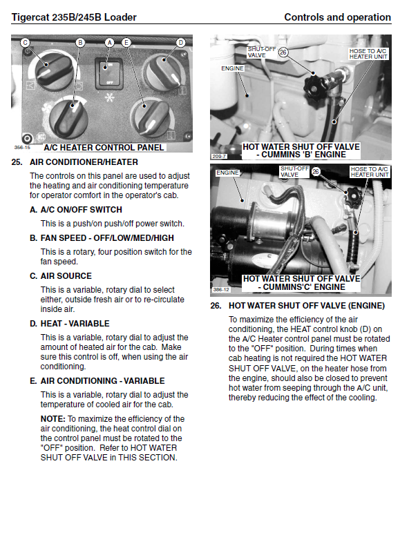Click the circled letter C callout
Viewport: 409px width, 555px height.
[25, 43]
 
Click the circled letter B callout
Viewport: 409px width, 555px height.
[80, 43]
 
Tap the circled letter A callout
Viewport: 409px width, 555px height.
[109, 43]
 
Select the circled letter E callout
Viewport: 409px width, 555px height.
[126, 43]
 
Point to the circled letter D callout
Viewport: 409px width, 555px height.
[180, 43]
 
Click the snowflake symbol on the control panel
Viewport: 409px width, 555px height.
[110, 97]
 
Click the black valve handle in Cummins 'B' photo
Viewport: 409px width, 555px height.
[314, 86]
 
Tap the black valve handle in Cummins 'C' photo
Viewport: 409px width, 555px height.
[353, 198]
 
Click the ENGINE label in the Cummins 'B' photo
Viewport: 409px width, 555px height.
[232, 68]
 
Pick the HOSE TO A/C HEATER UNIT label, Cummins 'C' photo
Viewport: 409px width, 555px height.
[370, 172]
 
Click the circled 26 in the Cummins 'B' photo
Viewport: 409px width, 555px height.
[283, 52]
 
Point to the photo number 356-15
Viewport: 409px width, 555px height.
[22, 148]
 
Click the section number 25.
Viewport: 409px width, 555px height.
[17, 162]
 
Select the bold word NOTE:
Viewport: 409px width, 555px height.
[53, 419]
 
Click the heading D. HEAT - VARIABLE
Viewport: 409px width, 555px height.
[69, 324]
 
